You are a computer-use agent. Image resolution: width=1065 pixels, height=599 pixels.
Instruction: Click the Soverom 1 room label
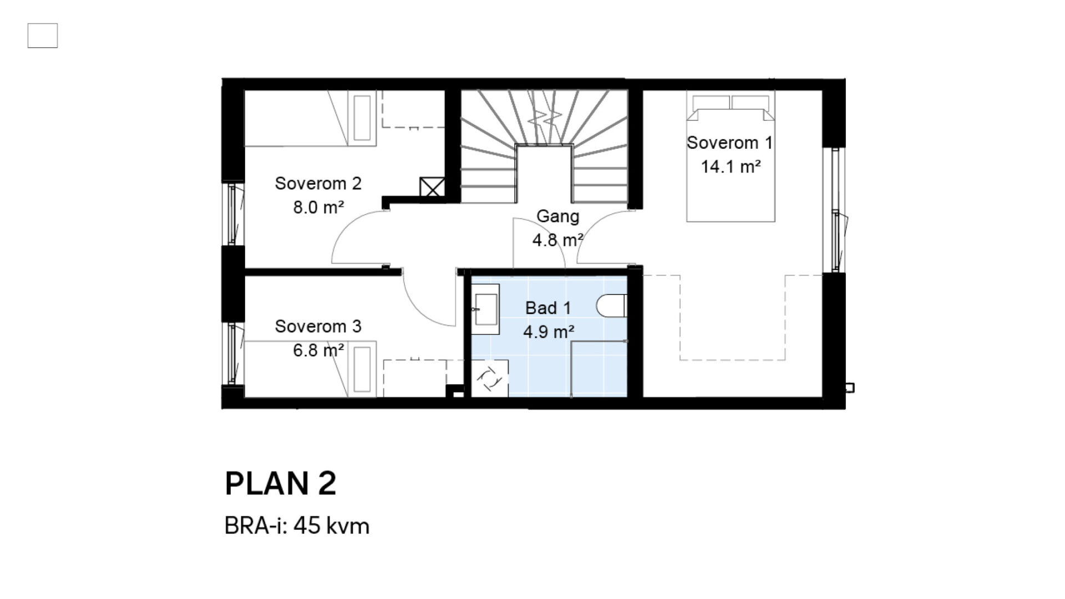[729, 143]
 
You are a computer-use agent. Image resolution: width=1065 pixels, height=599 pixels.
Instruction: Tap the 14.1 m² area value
[731, 166]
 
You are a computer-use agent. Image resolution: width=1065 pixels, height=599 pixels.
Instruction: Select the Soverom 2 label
[318, 183]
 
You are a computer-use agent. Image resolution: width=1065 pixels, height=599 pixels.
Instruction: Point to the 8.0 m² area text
[318, 207]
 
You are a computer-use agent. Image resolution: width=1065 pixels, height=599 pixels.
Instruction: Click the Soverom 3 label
[318, 326]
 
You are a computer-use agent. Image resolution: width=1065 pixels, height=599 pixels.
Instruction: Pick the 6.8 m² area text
[318, 351]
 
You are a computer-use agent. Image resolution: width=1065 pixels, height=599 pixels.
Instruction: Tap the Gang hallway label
[557, 216]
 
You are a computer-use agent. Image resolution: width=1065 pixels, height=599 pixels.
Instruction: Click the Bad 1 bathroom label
[548, 308]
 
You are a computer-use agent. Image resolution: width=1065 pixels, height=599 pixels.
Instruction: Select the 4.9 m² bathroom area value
[549, 332]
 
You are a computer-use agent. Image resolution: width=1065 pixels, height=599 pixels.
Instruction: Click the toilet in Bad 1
[611, 306]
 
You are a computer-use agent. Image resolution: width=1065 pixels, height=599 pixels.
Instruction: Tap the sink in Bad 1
[485, 309]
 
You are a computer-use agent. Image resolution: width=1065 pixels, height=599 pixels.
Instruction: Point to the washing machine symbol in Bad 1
[490, 378]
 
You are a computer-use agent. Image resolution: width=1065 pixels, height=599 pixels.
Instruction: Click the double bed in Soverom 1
[731, 156]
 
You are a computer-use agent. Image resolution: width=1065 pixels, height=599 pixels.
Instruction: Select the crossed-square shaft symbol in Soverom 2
[432, 187]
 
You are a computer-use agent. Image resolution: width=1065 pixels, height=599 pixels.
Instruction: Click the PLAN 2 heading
[281, 483]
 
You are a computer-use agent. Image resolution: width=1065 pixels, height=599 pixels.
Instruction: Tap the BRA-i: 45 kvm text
[297, 525]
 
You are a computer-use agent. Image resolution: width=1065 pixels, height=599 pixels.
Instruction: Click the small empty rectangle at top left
[43, 35]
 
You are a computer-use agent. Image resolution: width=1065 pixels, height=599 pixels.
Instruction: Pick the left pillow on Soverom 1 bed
[711, 103]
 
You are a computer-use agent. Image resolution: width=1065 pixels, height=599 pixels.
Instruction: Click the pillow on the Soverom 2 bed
[362, 118]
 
